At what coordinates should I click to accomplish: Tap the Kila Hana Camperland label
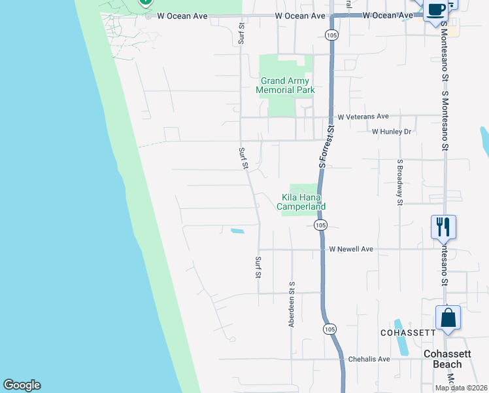pyautogui.click(x=301, y=202)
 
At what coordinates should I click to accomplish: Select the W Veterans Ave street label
pyautogui.click(x=363, y=116)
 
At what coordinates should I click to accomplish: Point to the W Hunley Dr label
pyautogui.click(x=391, y=132)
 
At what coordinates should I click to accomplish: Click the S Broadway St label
pyautogui.click(x=399, y=182)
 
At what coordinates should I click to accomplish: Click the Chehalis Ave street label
pyautogui.click(x=369, y=359)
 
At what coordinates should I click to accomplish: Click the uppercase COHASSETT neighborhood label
pyautogui.click(x=408, y=333)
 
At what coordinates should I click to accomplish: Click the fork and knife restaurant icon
pyautogui.click(x=443, y=227)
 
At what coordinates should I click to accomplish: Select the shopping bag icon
pyautogui.click(x=448, y=318)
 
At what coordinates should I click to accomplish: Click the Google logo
pyautogui.click(x=22, y=385)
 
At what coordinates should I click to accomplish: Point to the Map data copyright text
pyautogui.click(x=461, y=388)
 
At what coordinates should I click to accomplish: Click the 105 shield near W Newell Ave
pyautogui.click(x=320, y=225)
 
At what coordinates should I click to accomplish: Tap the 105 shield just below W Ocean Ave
pyautogui.click(x=332, y=35)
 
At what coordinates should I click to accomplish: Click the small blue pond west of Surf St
pyautogui.click(x=237, y=231)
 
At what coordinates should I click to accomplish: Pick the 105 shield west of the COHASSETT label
pyautogui.click(x=328, y=329)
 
